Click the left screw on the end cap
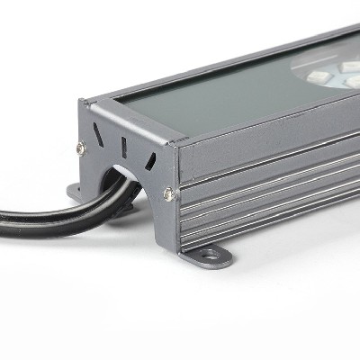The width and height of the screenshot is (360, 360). (80, 148)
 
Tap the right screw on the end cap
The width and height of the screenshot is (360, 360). (168, 193)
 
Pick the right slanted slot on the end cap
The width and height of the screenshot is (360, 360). (150, 161)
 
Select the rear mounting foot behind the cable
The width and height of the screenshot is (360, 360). (76, 192)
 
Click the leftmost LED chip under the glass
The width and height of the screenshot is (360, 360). (318, 76)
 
